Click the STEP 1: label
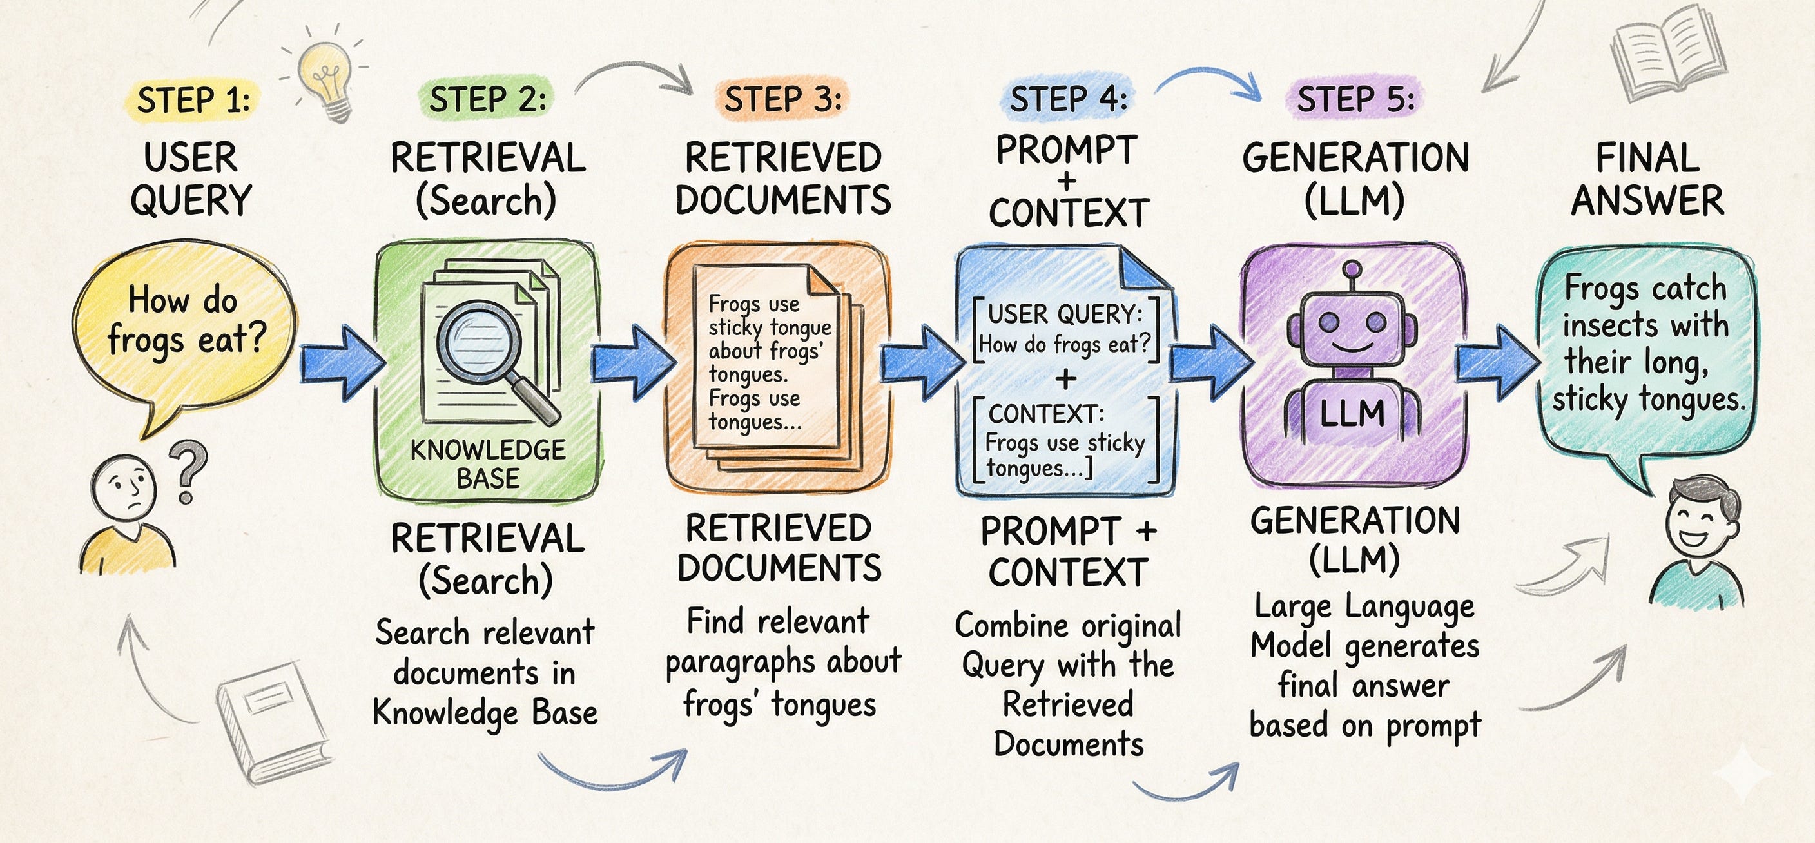point(194,100)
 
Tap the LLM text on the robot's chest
point(1352,413)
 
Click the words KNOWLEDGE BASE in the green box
point(487,464)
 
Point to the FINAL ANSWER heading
point(1647,179)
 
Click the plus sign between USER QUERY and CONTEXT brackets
point(1066,379)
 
